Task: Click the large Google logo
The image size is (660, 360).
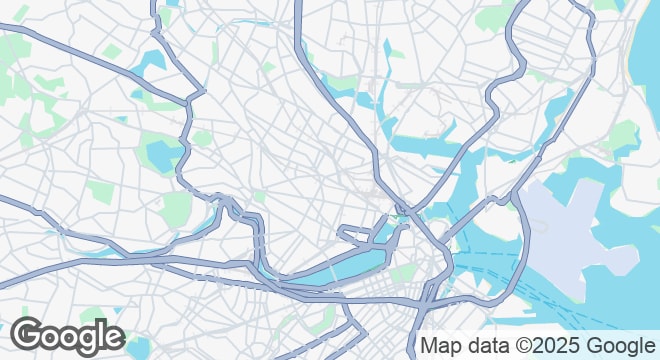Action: point(67,337)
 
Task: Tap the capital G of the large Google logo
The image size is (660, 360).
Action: point(29,336)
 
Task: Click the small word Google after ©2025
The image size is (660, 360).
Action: point(621,346)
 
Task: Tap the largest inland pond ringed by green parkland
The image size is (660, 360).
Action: point(162,155)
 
